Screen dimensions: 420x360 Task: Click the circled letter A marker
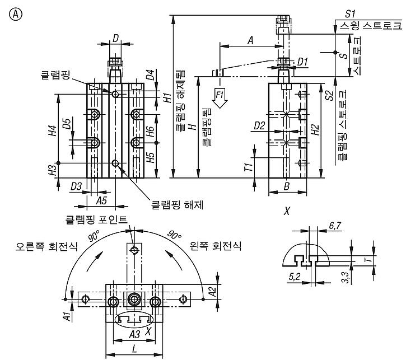[16, 15]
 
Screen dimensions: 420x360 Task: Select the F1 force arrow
[220, 98]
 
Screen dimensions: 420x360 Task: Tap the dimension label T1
[249, 167]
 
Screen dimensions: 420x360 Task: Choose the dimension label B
[287, 186]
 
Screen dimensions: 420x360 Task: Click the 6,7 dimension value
[335, 226]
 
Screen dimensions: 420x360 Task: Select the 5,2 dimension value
[295, 276]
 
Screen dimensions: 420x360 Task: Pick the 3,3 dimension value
[346, 277]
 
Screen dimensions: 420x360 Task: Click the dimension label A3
[134, 334]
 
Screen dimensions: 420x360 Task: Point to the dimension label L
[134, 348]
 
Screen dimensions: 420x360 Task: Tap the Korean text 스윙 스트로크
[371, 26]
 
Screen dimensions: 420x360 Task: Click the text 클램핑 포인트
[96, 219]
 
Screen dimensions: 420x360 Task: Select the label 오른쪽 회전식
[46, 246]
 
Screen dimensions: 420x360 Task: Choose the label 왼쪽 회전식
[216, 246]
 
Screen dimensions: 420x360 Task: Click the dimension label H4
[53, 130]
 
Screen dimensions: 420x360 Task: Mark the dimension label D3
[76, 186]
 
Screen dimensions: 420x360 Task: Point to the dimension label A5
[101, 200]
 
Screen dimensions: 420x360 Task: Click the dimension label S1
[350, 13]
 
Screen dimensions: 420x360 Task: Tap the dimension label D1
[302, 62]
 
